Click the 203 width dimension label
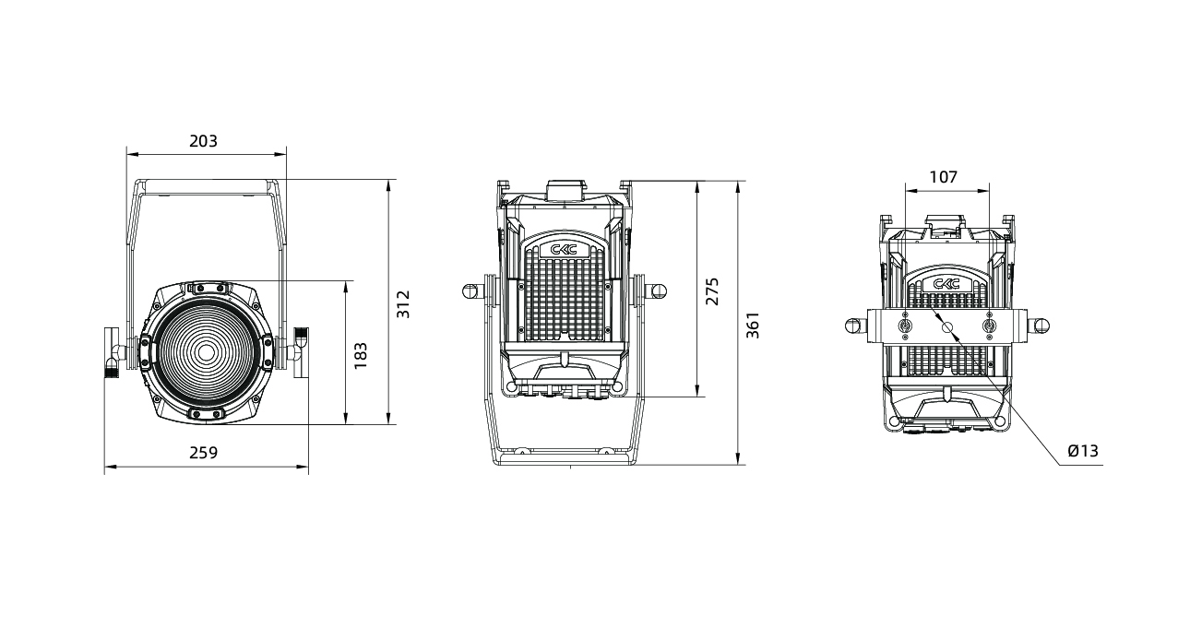coord(203,141)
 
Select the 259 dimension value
coord(203,453)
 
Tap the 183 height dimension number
coord(361,355)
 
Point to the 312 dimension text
coord(403,304)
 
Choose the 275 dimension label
coord(711,291)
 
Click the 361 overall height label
coord(753,325)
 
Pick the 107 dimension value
coord(944,177)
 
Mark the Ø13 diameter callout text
coord(1083,450)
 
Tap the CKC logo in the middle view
coord(564,249)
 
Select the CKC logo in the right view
coord(946,284)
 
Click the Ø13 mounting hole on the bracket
coord(947,327)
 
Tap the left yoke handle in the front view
coord(112,352)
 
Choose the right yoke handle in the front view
coord(302,352)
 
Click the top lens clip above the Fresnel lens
coord(209,288)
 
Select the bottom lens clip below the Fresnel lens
coord(206,415)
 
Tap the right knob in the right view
coord(1041,326)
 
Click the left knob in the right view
coord(855,326)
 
